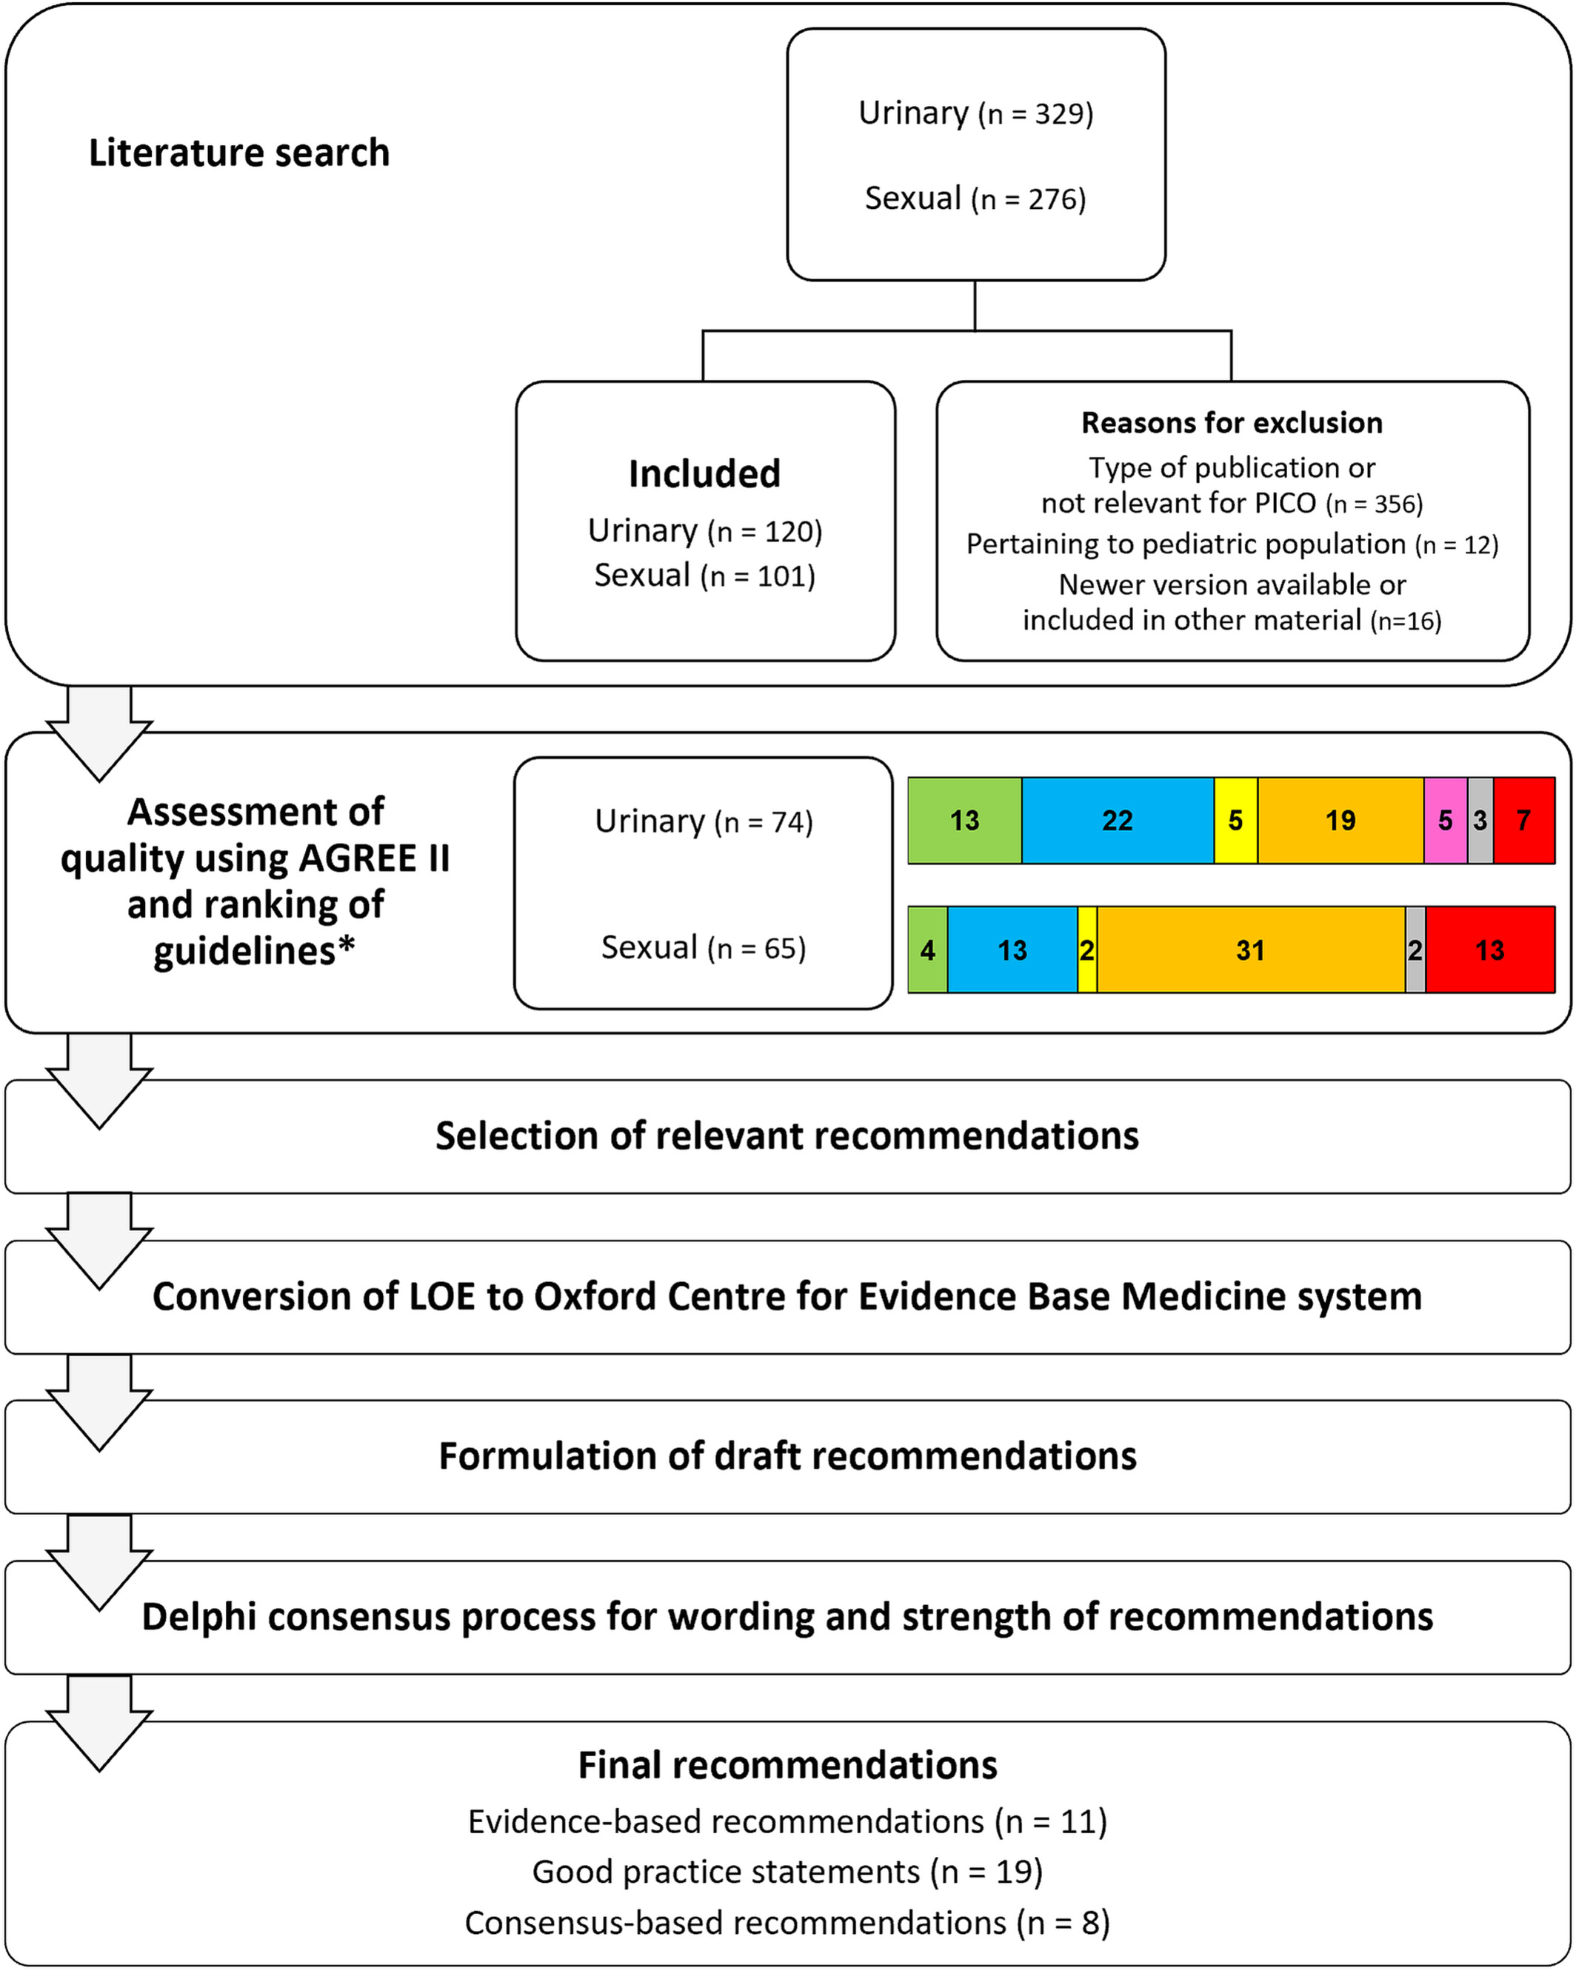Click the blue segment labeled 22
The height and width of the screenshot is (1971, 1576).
coord(1117,820)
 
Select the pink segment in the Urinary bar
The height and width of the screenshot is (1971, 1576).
coord(1445,820)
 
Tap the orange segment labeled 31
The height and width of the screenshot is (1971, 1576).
coord(1251,950)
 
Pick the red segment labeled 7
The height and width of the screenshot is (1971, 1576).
coord(1524,820)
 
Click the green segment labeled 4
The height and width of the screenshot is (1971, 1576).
coord(928,950)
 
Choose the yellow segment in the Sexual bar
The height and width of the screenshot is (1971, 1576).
coord(1087,950)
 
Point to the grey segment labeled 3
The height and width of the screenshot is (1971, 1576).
coord(1480,820)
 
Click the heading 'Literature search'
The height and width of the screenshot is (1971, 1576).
coord(239,153)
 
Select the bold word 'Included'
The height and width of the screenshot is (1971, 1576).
coord(705,473)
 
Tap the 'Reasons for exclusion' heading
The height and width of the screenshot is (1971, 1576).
coord(1232,422)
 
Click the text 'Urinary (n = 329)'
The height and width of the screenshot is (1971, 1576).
coord(976,113)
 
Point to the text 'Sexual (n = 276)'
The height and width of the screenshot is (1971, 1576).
coord(976,199)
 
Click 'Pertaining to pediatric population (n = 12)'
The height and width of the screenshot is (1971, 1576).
coord(1232,544)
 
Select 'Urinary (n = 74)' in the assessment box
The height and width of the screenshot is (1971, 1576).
coord(704,822)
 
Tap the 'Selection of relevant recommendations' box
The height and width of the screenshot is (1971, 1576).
coord(788,1136)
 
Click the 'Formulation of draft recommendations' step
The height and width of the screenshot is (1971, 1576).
coord(788,1456)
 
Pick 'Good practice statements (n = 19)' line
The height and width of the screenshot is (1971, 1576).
coord(788,1871)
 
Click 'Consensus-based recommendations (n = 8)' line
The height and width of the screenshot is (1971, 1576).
coord(788,1923)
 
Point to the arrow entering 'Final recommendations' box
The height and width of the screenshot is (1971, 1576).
coord(100,1724)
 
